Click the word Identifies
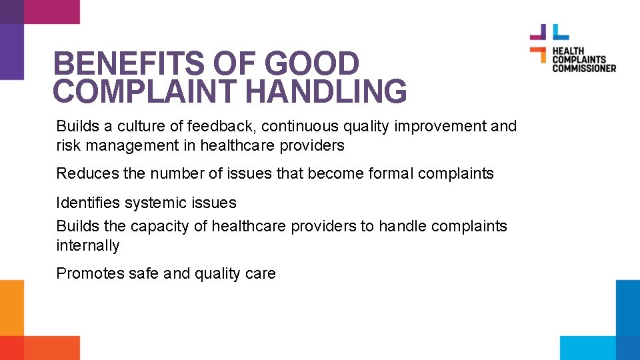point(87,202)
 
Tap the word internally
point(88,245)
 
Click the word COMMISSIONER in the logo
point(583,67)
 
